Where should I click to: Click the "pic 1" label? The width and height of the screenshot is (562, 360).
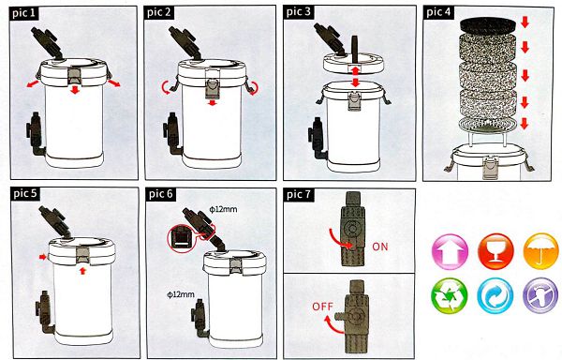[x=24, y=13]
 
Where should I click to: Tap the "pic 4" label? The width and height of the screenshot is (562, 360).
[x=438, y=12]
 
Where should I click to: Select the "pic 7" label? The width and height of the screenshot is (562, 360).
[x=299, y=195]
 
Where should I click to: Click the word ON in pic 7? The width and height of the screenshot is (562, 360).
[x=380, y=247]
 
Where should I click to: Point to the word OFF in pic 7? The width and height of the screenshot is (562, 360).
[x=322, y=307]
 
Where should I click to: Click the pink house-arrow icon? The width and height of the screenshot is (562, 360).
[x=450, y=251]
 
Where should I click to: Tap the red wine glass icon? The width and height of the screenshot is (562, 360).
[x=495, y=251]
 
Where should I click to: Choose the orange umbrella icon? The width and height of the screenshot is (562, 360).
[x=541, y=251]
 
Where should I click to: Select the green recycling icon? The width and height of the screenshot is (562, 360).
[x=450, y=296]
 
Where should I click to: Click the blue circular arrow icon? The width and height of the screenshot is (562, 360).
[x=495, y=296]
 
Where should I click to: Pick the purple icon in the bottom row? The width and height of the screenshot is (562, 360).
[x=540, y=296]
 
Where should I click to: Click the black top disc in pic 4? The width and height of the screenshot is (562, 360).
[x=488, y=25]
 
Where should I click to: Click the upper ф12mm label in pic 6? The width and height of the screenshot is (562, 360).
[x=224, y=209]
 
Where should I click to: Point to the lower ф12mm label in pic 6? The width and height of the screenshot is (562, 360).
[x=181, y=294]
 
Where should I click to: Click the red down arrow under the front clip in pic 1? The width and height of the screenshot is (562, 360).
[x=75, y=89]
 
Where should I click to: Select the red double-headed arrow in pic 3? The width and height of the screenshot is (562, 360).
[x=355, y=76]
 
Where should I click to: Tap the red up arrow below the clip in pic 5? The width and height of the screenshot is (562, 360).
[x=83, y=270]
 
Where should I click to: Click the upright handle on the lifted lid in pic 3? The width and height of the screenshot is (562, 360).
[x=355, y=49]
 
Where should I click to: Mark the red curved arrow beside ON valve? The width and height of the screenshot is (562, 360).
[x=339, y=239]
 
